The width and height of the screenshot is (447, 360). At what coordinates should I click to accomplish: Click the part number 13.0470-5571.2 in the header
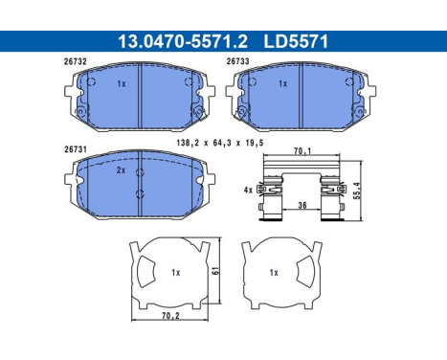click(x=183, y=42)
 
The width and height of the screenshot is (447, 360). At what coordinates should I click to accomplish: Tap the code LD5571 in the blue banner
click(x=296, y=42)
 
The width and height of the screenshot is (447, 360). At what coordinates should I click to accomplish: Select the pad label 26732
click(x=75, y=61)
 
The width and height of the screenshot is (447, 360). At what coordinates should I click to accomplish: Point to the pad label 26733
click(x=237, y=61)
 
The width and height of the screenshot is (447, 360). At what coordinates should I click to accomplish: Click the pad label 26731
click(x=76, y=149)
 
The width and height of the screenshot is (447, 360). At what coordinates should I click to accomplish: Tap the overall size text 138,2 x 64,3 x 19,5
click(x=220, y=143)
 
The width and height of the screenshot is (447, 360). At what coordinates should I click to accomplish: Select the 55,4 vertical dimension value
click(x=357, y=191)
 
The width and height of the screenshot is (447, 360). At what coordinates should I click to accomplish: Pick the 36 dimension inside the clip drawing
click(x=302, y=205)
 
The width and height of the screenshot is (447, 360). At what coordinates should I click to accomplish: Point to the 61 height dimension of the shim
click(x=216, y=271)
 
